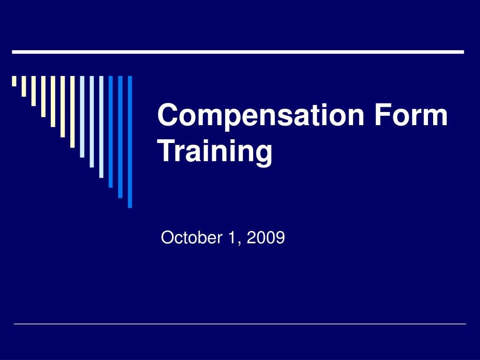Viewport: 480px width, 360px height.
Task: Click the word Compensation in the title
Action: [261, 116]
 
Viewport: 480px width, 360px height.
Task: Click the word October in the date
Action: [191, 238]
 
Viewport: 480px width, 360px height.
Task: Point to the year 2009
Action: [266, 238]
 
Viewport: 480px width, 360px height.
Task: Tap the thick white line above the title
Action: [238, 52]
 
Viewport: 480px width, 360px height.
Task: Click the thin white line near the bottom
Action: [240, 323]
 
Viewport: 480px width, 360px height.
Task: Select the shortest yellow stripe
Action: [14, 81]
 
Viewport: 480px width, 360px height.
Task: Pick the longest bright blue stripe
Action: [130, 142]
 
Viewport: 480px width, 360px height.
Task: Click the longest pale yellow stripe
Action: [72, 112]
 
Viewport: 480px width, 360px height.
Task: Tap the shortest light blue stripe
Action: [82, 117]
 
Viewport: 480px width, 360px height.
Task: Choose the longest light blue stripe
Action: [101, 127]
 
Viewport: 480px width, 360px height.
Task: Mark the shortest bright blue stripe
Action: [111, 132]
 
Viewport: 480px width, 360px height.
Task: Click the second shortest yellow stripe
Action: [23, 86]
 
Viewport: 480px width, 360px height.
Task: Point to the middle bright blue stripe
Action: [120, 137]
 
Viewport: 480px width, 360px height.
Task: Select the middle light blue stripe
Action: [91, 121]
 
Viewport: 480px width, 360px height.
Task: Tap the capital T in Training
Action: [169, 151]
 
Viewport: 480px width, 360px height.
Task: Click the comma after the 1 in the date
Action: [239, 243]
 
